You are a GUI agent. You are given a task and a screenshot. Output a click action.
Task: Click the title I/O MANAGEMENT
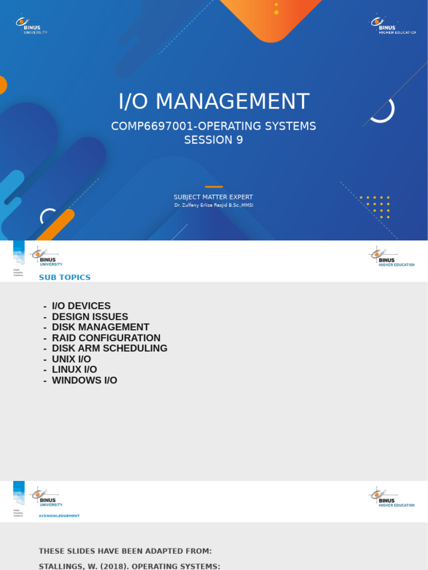[213, 102]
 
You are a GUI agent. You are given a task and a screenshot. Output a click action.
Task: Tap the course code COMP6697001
[145, 126]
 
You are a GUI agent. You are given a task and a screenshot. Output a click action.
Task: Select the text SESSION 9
[213, 140]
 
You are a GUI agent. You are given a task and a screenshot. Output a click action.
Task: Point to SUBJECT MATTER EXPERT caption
[213, 197]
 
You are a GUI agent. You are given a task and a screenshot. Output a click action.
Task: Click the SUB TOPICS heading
[65, 277]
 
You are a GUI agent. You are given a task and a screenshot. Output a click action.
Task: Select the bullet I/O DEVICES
[81, 306]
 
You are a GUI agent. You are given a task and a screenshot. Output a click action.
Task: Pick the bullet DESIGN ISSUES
[90, 317]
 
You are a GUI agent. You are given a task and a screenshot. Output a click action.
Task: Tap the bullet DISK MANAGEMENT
[100, 327]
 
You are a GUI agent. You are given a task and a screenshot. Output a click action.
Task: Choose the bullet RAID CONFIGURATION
[106, 338]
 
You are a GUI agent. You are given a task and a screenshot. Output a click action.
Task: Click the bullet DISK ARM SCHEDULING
[109, 348]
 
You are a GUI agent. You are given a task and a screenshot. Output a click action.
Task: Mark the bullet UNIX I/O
[71, 359]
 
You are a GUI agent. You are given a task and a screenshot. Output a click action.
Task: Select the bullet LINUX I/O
[74, 370]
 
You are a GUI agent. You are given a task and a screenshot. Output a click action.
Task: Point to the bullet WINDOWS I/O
[84, 380]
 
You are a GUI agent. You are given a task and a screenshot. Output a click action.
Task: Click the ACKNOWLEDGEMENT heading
[59, 516]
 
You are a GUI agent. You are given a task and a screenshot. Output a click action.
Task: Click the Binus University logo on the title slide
[31, 25]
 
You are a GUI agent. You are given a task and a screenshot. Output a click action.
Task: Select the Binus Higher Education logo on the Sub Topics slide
[392, 258]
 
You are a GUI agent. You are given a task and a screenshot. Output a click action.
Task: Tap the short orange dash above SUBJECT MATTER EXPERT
[213, 187]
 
